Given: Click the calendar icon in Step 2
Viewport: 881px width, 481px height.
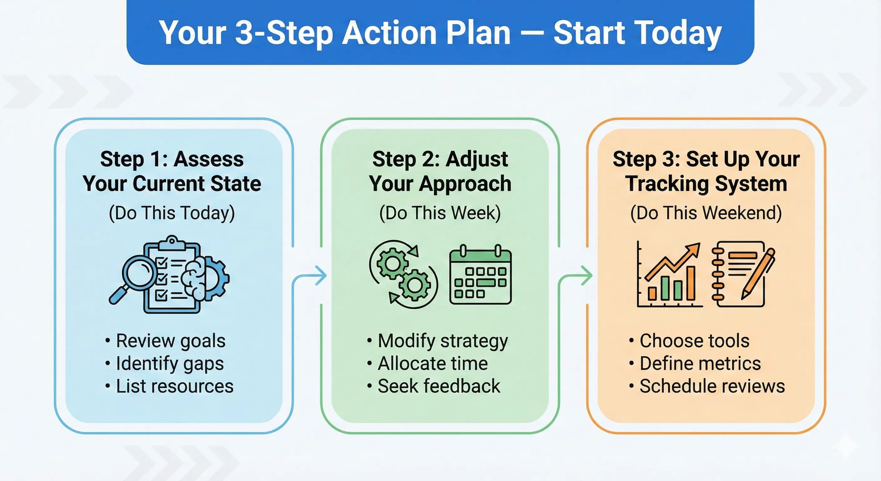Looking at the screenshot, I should [x=480, y=276].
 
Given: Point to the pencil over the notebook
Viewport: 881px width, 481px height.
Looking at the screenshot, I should [x=758, y=274].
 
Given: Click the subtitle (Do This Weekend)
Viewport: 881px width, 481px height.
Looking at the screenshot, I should [x=706, y=213].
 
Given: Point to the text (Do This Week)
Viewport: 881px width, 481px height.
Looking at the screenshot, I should [x=440, y=213].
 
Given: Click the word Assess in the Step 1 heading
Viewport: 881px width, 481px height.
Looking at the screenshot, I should [x=209, y=159].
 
